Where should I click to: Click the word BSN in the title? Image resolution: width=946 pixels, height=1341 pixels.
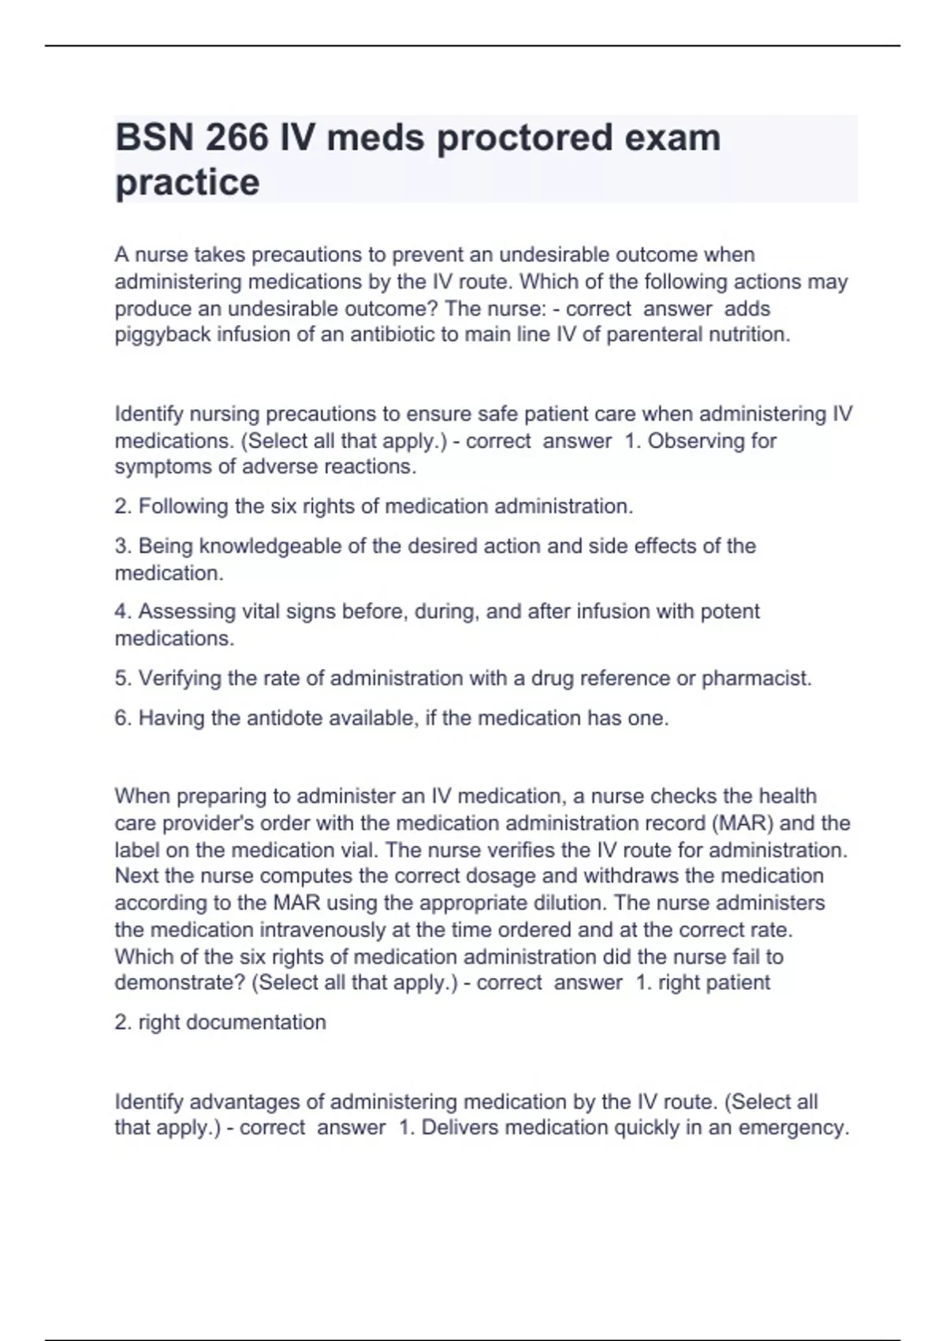tap(155, 138)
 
